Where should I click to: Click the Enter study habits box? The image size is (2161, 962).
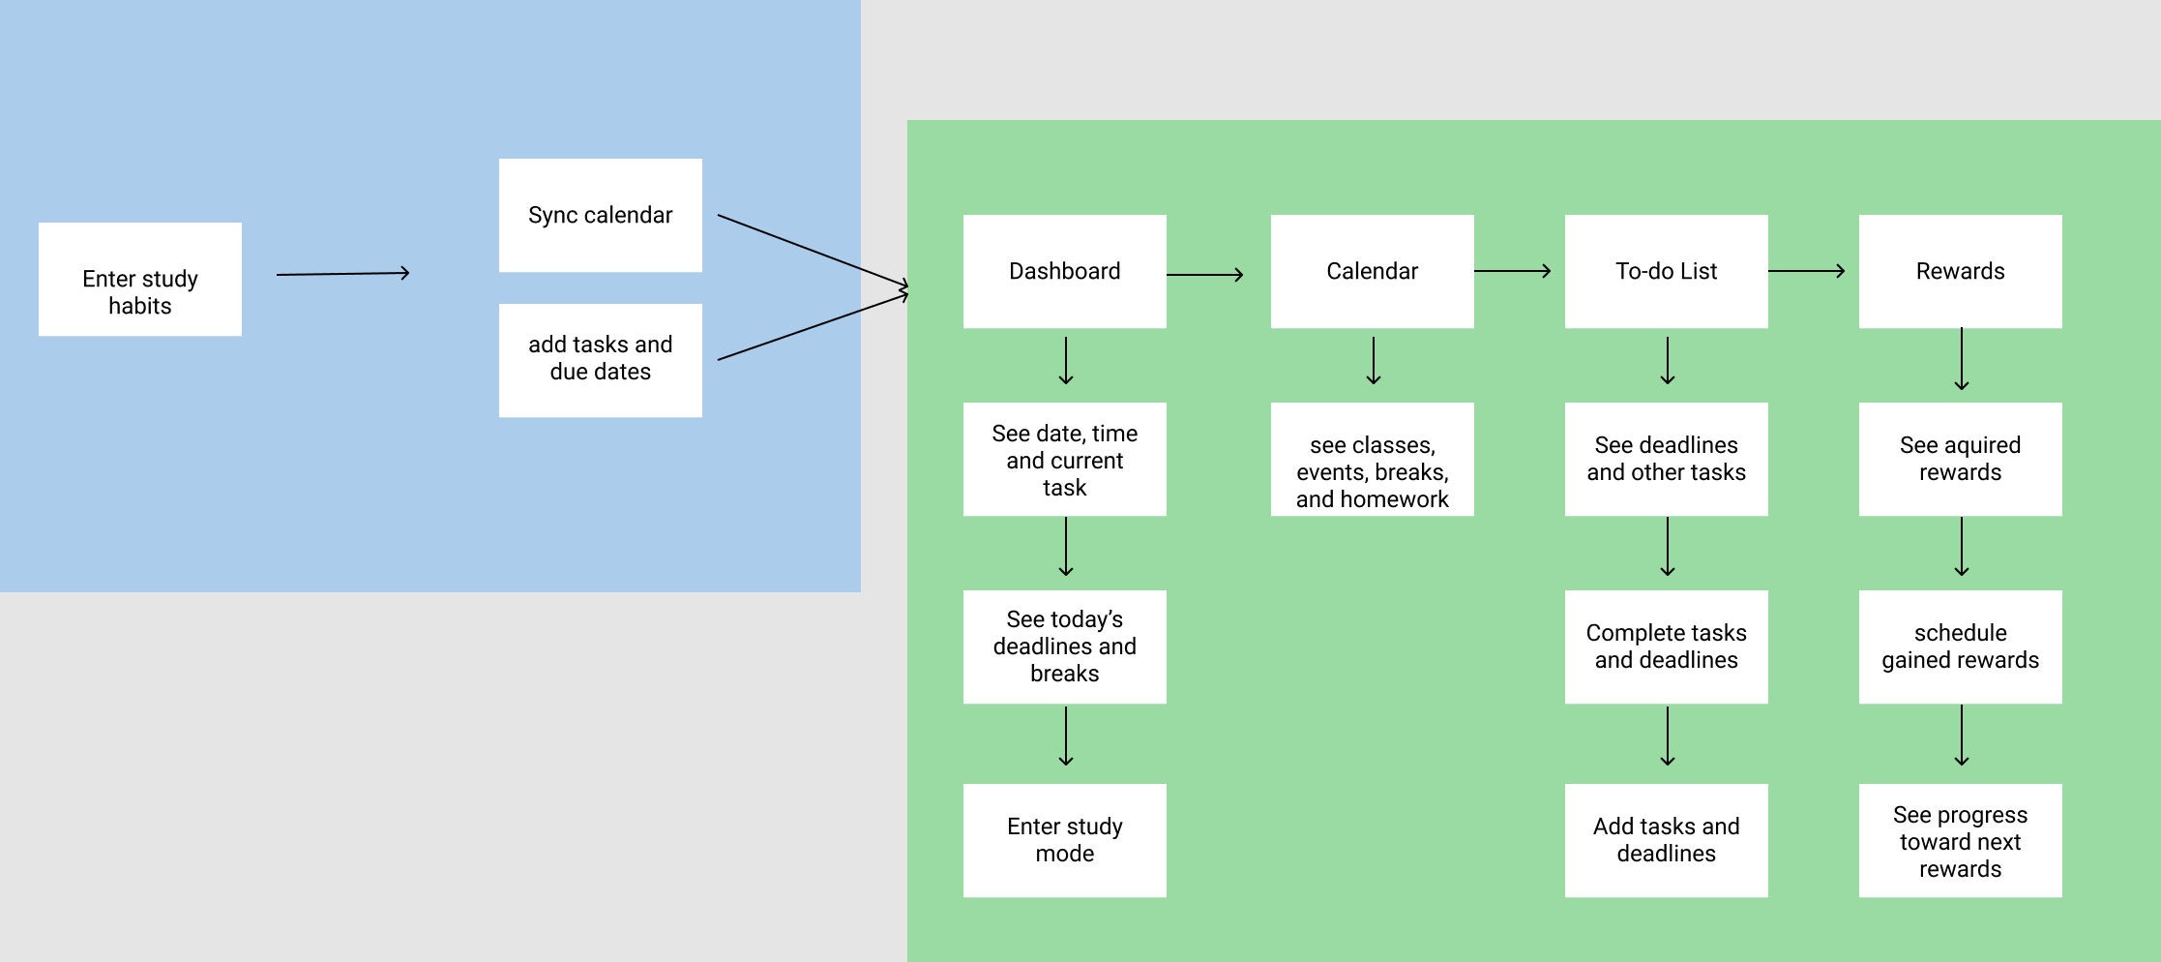tap(140, 280)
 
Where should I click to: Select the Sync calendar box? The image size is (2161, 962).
tap(601, 215)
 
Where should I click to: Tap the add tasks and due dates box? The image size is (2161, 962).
tap(601, 360)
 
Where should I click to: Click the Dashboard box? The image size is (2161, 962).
tap(1065, 271)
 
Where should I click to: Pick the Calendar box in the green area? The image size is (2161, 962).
tap(1373, 271)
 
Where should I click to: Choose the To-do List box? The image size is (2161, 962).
tap(1667, 271)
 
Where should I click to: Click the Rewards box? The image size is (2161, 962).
tap(1961, 271)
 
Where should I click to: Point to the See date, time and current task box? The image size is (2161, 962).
tap(1065, 459)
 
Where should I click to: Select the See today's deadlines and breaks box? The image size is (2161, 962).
tap(1065, 646)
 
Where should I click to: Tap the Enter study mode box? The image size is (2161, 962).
tap(1065, 840)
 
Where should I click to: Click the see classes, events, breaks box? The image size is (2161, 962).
tap(1373, 459)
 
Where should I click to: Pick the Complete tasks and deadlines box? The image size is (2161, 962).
tap(1667, 646)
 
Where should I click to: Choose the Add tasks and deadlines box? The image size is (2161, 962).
tap(1667, 840)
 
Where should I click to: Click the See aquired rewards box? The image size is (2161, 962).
tap(1961, 459)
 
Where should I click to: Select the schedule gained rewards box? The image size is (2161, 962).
tap(1961, 646)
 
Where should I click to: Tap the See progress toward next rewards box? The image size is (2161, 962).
tap(1961, 840)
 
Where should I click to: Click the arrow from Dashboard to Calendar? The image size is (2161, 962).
tap(1205, 275)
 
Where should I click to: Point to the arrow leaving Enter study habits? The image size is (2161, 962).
tap(343, 274)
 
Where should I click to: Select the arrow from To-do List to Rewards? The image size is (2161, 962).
tap(1807, 271)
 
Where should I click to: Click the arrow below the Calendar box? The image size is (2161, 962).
tap(1374, 361)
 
